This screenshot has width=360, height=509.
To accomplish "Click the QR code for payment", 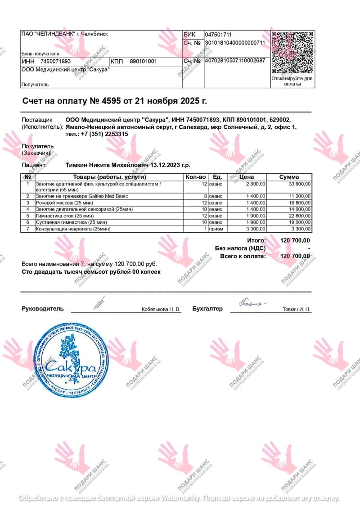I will tap(292, 53).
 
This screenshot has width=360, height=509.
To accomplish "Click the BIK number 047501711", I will tap(218, 35).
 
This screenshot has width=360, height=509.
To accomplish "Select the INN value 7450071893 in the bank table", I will tap(55, 61).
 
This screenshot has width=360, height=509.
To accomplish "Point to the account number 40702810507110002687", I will tap(235, 61).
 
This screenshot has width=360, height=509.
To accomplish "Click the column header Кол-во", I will tap(195, 177).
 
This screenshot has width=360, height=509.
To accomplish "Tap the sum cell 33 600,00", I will tap(297, 184).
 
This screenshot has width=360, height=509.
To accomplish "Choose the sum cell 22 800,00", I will tap(297, 216).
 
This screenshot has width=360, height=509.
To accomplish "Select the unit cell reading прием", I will tap(216, 229).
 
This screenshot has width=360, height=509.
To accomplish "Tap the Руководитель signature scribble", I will tap(98, 302).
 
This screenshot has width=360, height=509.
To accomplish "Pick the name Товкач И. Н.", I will tap(296, 310).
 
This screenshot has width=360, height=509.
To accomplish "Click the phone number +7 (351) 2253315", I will tap(103, 134).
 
